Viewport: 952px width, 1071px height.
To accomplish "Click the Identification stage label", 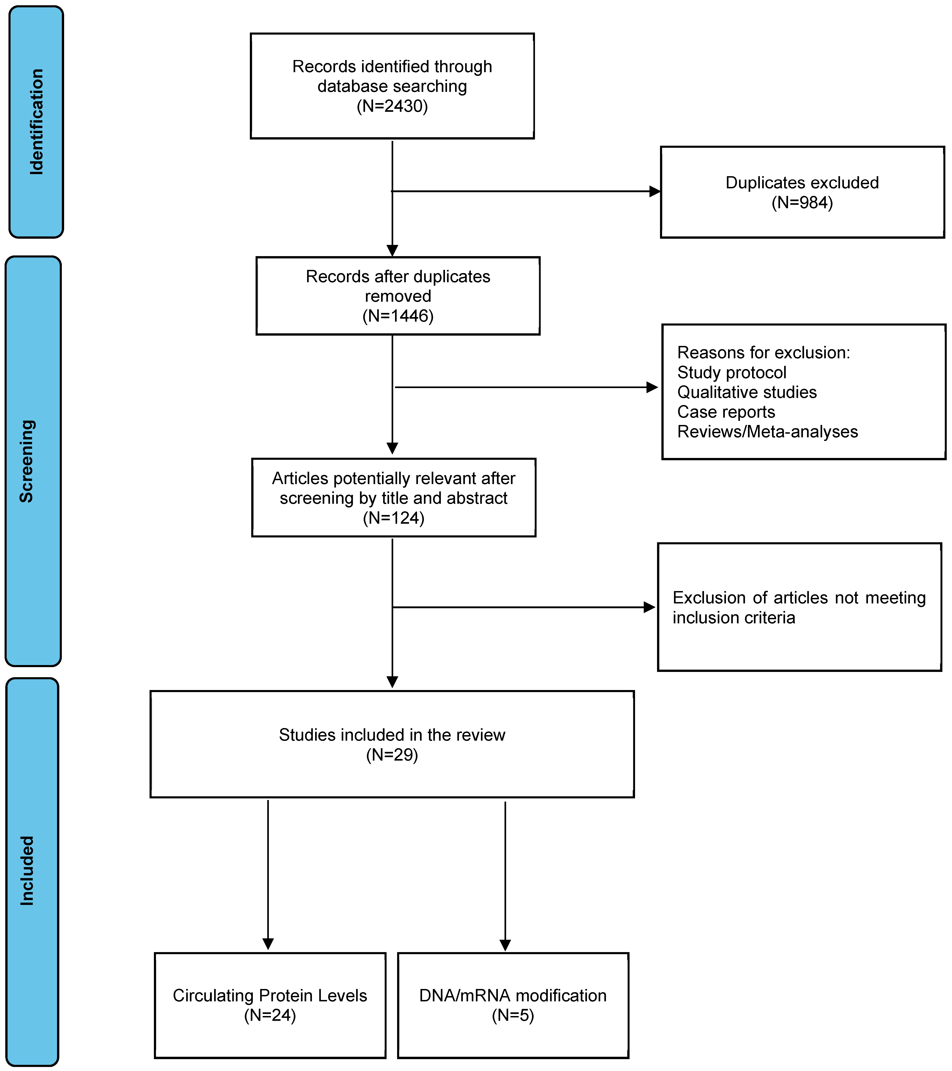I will pyautogui.click(x=36, y=122).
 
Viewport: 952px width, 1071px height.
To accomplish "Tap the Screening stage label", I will pyautogui.click(x=27, y=461).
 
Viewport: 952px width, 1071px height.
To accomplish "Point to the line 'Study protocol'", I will pyautogui.click(x=731, y=373).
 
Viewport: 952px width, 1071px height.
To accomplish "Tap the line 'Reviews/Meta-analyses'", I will pyautogui.click(x=767, y=432).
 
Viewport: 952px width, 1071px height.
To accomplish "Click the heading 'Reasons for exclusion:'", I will pyautogui.click(x=764, y=353).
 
